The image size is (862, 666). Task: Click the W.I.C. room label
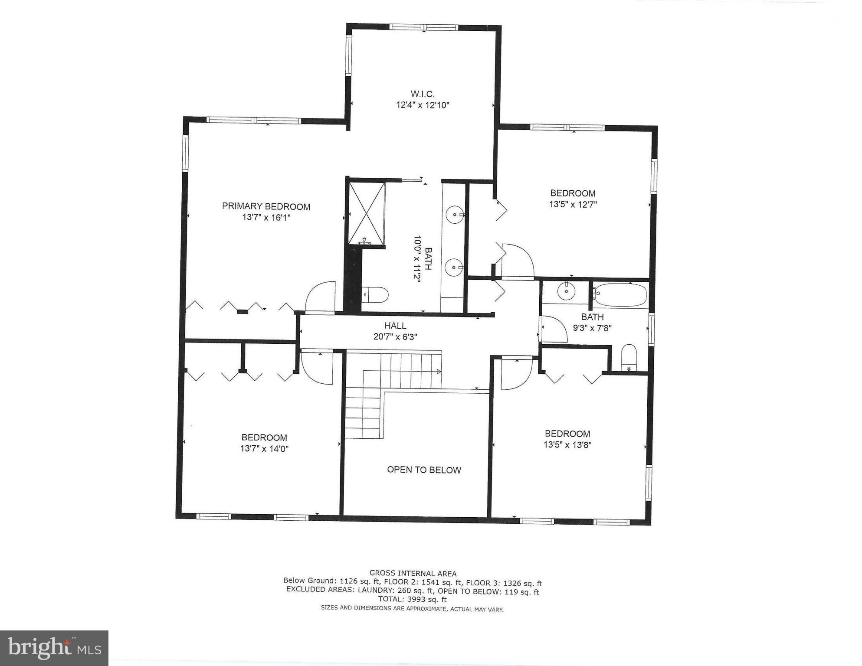pos(422,94)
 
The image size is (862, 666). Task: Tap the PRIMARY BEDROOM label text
pos(266,206)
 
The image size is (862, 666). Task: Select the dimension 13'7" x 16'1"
pos(266,217)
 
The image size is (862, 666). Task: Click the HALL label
pos(395,326)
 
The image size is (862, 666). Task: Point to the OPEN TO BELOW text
pos(424,470)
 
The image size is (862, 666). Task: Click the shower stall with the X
pos(367,213)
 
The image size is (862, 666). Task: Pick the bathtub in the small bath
pos(621,294)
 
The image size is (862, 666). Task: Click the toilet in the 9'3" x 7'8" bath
pos(629,358)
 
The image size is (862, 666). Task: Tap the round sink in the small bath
pos(566,291)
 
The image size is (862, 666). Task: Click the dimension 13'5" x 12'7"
pos(573,205)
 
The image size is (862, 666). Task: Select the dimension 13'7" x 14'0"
pos(264,449)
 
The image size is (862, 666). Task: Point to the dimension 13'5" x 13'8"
pos(567,445)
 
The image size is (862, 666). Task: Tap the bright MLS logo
pos(54,648)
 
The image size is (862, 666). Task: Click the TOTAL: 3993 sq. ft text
pos(412,600)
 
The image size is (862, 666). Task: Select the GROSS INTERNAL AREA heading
pos(413,573)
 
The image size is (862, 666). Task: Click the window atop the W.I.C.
pos(423,27)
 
